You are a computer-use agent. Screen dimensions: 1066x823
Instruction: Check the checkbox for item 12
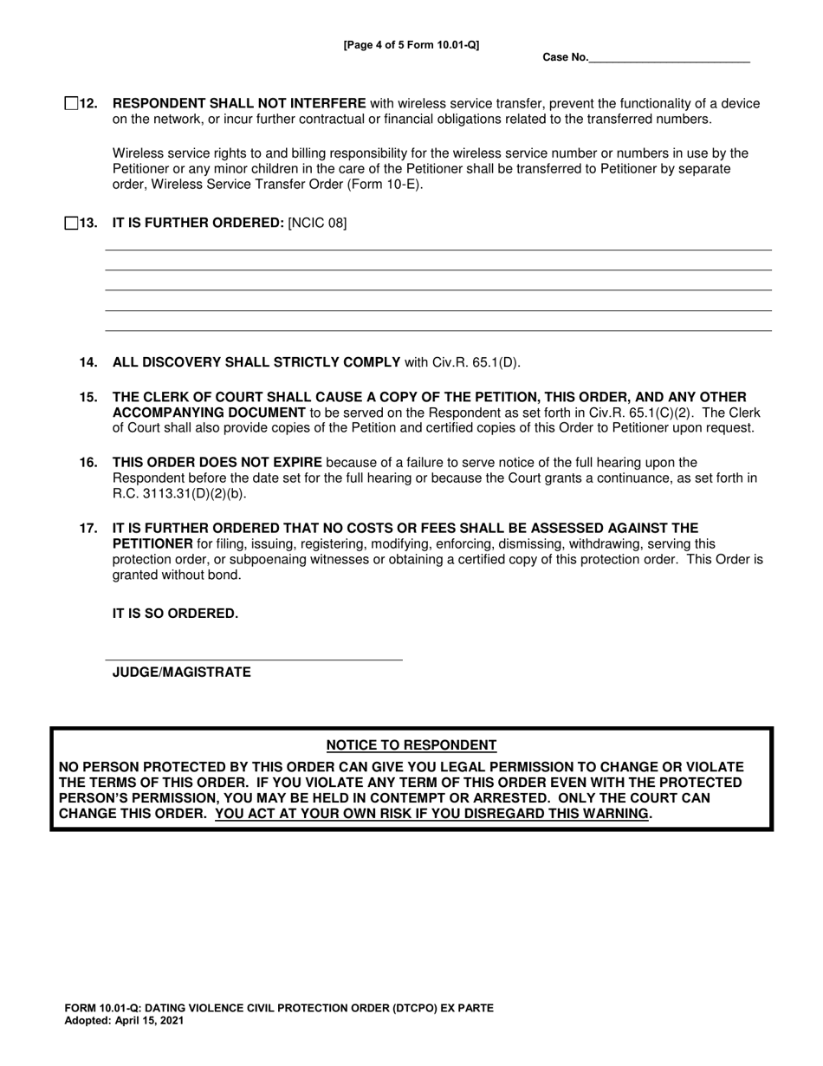pyautogui.click(x=71, y=104)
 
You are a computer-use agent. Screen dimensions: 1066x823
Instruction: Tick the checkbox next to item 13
pyautogui.click(x=71, y=224)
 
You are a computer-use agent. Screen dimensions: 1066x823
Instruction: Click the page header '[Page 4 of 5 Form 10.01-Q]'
pyautogui.click(x=411, y=45)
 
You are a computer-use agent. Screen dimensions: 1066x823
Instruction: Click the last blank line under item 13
pyautogui.click(x=437, y=329)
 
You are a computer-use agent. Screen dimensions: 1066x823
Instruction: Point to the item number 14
pyautogui.click(x=88, y=362)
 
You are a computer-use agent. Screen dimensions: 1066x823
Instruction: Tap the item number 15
pyautogui.click(x=88, y=397)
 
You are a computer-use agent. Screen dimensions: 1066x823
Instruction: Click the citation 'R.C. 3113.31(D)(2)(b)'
pyautogui.click(x=178, y=494)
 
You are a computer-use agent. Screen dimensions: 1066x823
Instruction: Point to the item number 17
pyautogui.click(x=88, y=528)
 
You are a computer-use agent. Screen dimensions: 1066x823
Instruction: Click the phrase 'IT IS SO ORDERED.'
pyautogui.click(x=175, y=614)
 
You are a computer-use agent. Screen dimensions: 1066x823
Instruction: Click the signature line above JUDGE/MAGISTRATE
pyautogui.click(x=253, y=659)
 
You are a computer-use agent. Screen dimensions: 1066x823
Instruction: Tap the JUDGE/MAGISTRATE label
pyautogui.click(x=182, y=673)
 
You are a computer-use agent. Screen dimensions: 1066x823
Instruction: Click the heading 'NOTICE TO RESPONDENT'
pyautogui.click(x=411, y=745)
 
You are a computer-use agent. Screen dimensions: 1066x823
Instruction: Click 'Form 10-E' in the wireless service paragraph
pyautogui.click(x=386, y=185)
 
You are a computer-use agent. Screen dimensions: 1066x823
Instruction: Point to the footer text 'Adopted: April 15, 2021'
pyautogui.click(x=124, y=1021)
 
